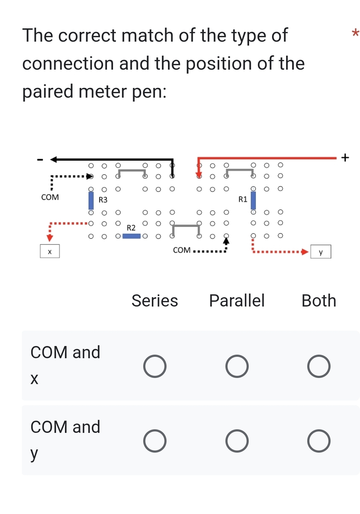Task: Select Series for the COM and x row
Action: (x=155, y=366)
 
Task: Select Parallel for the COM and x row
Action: (x=237, y=366)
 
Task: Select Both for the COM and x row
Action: (x=319, y=366)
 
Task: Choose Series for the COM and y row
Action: (x=155, y=441)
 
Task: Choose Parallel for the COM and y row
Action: (x=237, y=441)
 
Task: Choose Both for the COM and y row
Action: (x=319, y=441)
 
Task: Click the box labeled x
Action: (x=50, y=251)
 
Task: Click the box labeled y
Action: (x=321, y=252)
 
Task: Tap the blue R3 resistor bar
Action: (x=91, y=200)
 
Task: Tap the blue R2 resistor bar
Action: (x=131, y=236)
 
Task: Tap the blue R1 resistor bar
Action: (x=253, y=200)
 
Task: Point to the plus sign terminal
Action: (x=345, y=157)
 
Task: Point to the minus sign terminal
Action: (x=41, y=159)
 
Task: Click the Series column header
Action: (x=155, y=300)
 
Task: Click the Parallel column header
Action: (x=237, y=300)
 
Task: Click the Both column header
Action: (x=319, y=300)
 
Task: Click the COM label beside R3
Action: (x=50, y=197)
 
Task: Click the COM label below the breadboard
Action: (x=182, y=250)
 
